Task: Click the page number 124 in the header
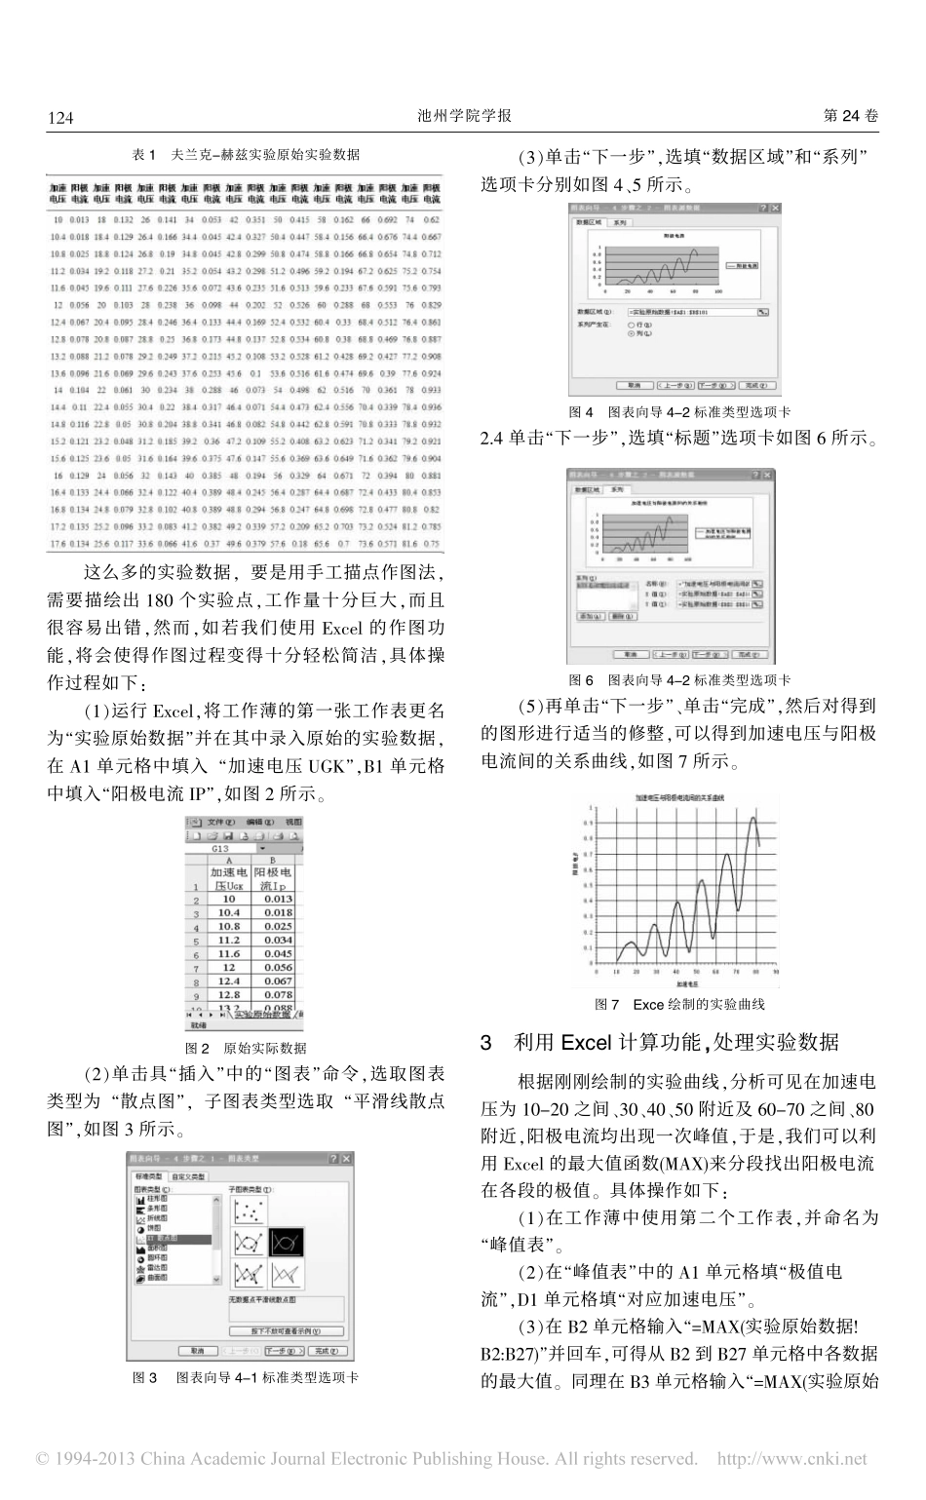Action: tap(60, 117)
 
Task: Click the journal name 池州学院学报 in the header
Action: tap(463, 116)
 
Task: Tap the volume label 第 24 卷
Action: tap(851, 116)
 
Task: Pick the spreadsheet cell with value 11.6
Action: tap(228, 953)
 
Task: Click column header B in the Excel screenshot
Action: tap(274, 862)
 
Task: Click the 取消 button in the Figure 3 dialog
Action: tap(198, 1352)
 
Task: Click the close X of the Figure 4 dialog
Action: tap(774, 209)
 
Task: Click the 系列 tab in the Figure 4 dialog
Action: tap(620, 222)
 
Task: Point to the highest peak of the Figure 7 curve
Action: tap(752, 819)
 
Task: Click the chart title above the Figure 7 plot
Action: tap(686, 797)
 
